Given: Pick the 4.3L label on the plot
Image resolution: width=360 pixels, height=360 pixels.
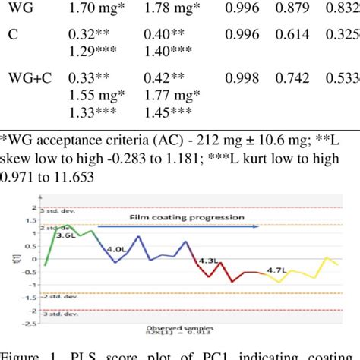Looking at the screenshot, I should coord(208,260).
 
